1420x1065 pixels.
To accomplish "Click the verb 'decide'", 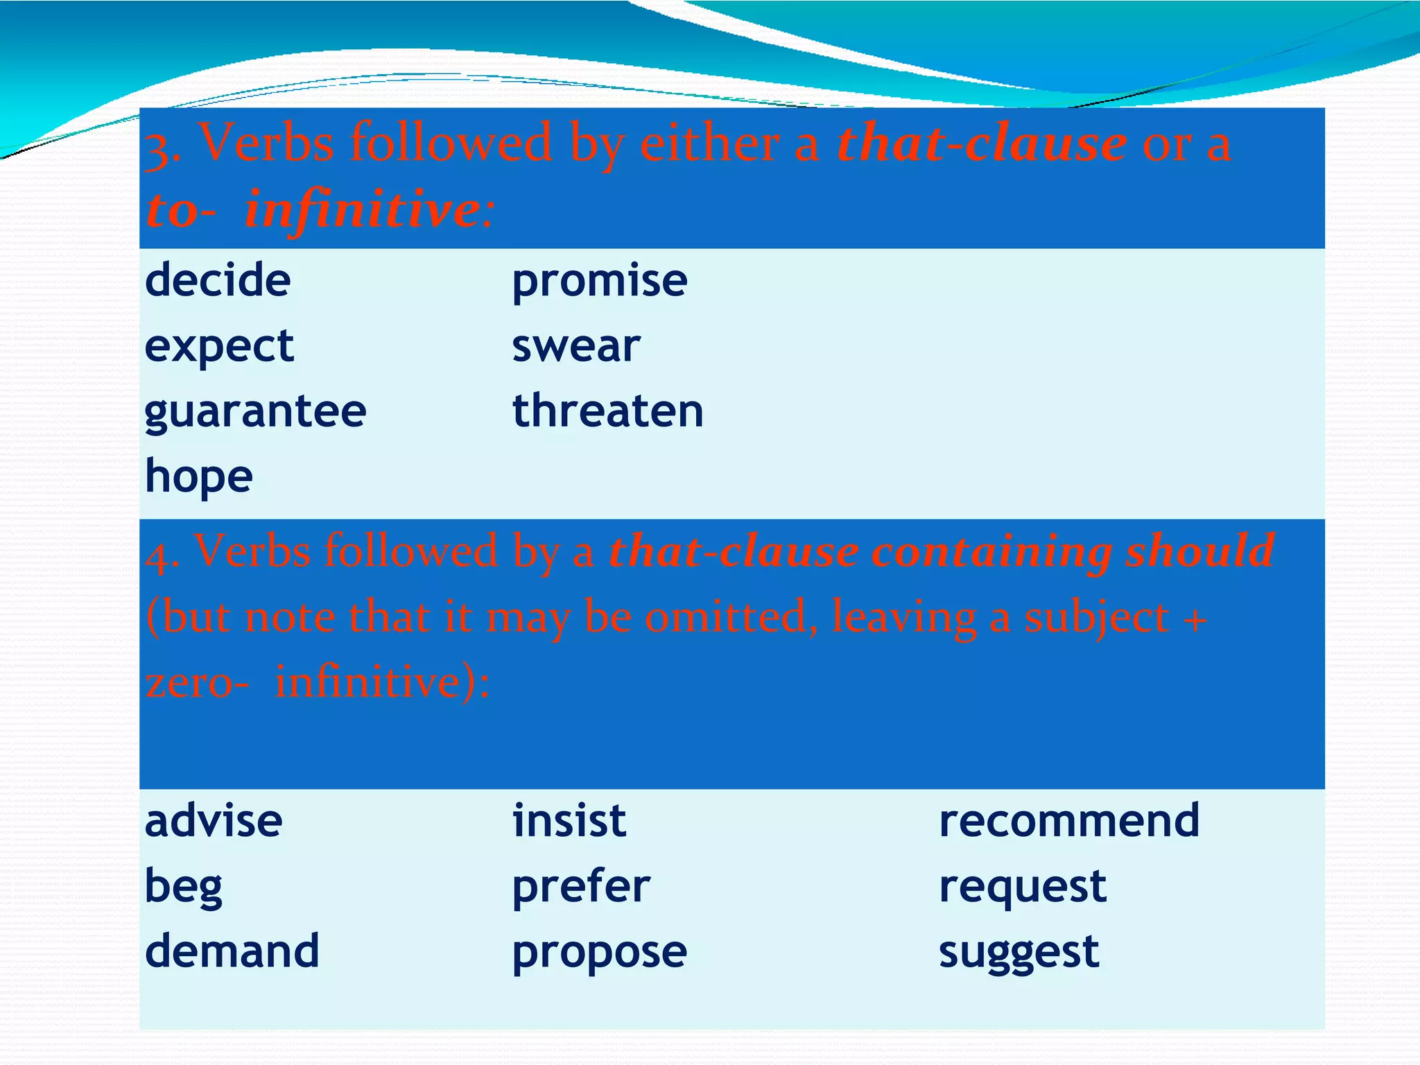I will pyautogui.click(x=218, y=280).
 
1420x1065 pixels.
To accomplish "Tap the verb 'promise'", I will pyautogui.click(x=599, y=282).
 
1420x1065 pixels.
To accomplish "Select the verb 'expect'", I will pyautogui.click(x=219, y=347).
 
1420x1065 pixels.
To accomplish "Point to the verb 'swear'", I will pyautogui.click(x=575, y=346).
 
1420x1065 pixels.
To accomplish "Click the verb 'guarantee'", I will pyautogui.click(x=255, y=412).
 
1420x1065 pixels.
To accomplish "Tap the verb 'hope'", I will pyautogui.click(x=199, y=477).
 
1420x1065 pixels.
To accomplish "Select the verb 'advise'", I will pyautogui.click(x=214, y=821).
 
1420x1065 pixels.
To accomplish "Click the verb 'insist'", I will pyautogui.click(x=569, y=821).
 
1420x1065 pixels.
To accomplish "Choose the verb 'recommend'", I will pyautogui.click(x=1068, y=821).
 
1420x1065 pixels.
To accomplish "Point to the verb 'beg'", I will pyautogui.click(x=184, y=887).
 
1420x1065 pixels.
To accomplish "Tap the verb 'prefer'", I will pyautogui.click(x=581, y=887).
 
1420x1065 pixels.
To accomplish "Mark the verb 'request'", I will pyautogui.click(x=1022, y=887).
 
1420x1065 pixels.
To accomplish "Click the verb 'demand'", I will pyautogui.click(x=232, y=951).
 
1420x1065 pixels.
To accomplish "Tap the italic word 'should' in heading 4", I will pyautogui.click(x=1200, y=551).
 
